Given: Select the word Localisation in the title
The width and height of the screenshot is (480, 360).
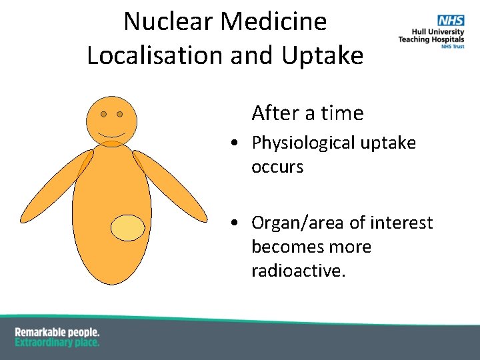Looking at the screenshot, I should tap(155, 55).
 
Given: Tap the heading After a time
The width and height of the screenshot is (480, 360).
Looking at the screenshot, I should tap(307, 113).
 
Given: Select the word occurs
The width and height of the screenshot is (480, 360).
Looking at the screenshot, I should tap(277, 167).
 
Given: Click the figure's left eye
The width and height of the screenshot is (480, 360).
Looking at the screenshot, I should tap(103, 114).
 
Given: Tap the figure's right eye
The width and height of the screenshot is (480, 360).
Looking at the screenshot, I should tap(120, 114).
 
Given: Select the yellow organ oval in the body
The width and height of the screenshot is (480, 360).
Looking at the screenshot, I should tap(127, 228).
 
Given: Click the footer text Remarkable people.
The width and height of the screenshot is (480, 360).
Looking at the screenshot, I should tap(57, 332).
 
